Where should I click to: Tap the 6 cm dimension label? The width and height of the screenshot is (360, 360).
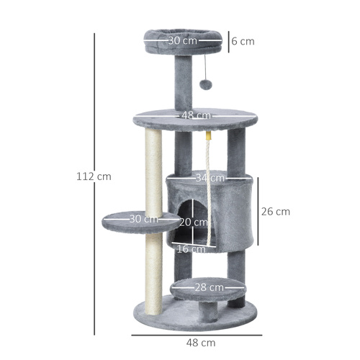[x=243, y=41]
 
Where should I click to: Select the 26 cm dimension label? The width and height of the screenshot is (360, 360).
[x=276, y=212]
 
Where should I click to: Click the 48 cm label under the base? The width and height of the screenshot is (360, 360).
[x=196, y=343]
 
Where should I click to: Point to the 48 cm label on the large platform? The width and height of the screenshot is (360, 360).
[x=196, y=115]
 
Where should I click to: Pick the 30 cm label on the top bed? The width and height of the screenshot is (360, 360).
[x=183, y=41]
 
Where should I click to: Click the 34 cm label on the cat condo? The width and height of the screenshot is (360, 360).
[x=211, y=177]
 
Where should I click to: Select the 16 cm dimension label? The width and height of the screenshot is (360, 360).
[x=191, y=249]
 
